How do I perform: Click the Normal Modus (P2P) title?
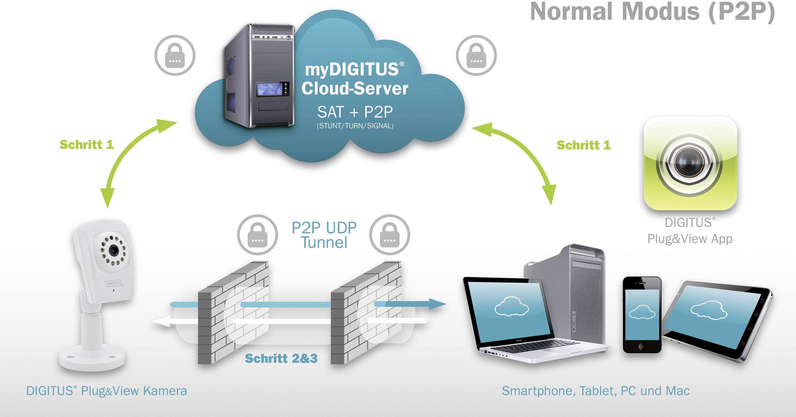[x=652, y=12]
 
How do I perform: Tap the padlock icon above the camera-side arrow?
[x=175, y=55]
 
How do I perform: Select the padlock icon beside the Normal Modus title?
[x=476, y=55]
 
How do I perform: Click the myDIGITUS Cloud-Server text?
[x=354, y=79]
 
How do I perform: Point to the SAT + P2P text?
[x=355, y=112]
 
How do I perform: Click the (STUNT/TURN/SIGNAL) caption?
[x=355, y=126]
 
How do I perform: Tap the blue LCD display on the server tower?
[x=269, y=89]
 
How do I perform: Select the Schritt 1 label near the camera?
[x=87, y=145]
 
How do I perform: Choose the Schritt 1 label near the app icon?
[x=583, y=145]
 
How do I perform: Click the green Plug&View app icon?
[x=690, y=163]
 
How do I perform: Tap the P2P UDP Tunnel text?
[x=324, y=235]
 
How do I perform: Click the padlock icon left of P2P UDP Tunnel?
[x=257, y=235]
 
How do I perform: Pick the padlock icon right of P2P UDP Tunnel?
[x=389, y=235]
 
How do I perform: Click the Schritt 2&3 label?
[x=281, y=359]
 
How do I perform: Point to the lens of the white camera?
[x=113, y=251]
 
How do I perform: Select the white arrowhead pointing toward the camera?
[x=161, y=322]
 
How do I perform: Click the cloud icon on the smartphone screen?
[x=642, y=312]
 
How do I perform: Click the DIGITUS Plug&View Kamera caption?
[x=106, y=391]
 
